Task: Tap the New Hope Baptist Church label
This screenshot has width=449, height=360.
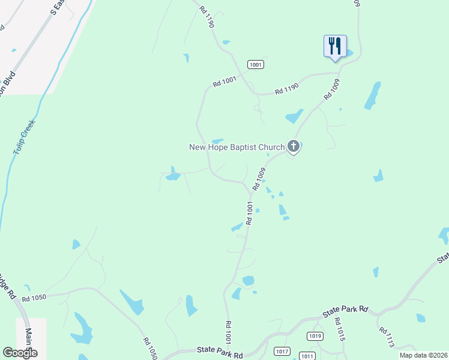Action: [x=237, y=147]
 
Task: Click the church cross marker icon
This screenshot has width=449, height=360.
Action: [x=293, y=146]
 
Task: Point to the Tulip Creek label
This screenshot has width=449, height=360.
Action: [x=23, y=137]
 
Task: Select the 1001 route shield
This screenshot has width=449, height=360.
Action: [x=255, y=64]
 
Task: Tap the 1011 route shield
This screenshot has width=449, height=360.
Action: [x=307, y=356]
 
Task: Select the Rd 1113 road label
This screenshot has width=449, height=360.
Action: [x=387, y=338]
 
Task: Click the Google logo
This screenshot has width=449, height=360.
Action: [x=20, y=353]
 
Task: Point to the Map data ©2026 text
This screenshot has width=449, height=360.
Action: [x=423, y=355]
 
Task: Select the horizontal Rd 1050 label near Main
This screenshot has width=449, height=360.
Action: [x=34, y=298]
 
